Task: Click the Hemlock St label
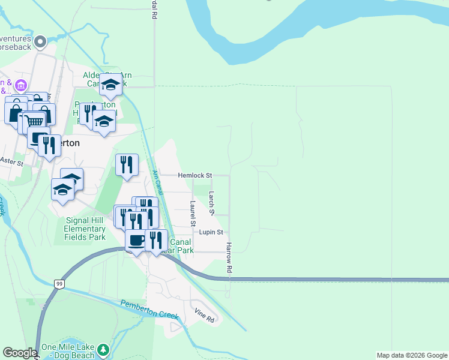point(195,176)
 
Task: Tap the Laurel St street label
point(193,214)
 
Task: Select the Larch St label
point(211,203)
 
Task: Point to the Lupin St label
point(211,232)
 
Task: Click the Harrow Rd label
point(229,258)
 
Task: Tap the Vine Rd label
point(205,316)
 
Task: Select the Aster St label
point(11,162)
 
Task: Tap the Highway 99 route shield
point(59,283)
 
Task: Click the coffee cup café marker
point(136,240)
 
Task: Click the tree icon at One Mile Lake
point(104,349)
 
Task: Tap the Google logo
point(20,353)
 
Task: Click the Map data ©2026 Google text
point(411,355)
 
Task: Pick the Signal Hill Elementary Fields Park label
point(85,228)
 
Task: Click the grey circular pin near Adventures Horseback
point(40,41)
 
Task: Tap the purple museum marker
point(21,85)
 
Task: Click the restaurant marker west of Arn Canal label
point(127,164)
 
